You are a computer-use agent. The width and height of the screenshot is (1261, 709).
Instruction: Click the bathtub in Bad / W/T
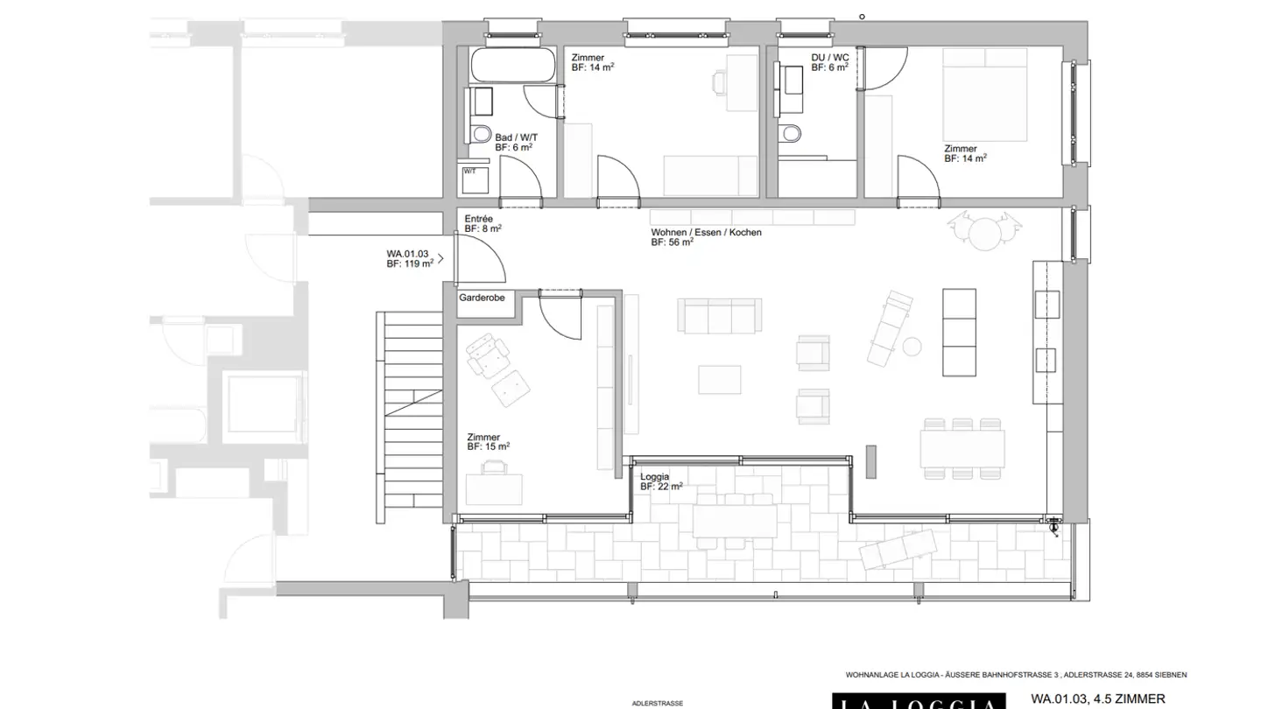[512, 65]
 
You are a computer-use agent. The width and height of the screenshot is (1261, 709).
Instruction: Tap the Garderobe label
[482, 298]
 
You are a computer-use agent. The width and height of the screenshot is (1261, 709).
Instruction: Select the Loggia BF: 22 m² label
[661, 481]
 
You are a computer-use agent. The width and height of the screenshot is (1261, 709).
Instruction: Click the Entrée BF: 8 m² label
[483, 223]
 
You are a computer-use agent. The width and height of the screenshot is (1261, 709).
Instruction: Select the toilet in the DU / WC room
[791, 133]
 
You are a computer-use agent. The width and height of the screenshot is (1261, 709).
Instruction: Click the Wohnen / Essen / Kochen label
[706, 237]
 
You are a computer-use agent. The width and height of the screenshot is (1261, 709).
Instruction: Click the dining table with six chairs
[962, 448]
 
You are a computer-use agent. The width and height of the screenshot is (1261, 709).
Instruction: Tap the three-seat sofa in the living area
[720, 315]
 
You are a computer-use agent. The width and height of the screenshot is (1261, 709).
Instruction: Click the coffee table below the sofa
[720, 379]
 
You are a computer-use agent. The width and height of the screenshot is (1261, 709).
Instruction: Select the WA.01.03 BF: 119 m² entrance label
[410, 258]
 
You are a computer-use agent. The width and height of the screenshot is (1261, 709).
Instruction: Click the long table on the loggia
[734, 522]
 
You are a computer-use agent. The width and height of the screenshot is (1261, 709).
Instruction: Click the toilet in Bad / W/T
[480, 135]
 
